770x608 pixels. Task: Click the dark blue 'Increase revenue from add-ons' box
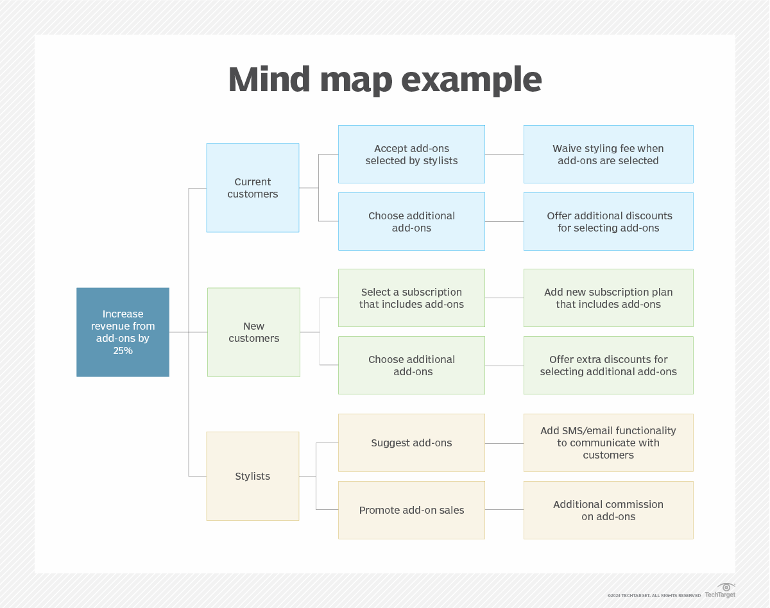(123, 332)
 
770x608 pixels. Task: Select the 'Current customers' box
(252, 187)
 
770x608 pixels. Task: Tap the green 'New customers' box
(253, 332)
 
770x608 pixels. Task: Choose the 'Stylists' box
(252, 476)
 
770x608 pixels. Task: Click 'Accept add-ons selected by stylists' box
(411, 155)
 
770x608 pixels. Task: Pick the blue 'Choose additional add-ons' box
(411, 221)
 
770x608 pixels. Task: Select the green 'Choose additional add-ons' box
(411, 365)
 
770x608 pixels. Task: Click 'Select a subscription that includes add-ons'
(411, 298)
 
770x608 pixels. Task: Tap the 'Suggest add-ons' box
(411, 443)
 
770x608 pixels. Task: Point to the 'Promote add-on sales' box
(411, 510)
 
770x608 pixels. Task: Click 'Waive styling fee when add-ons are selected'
(608, 155)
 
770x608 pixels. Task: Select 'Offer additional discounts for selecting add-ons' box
(608, 221)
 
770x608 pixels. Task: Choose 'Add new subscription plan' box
(608, 298)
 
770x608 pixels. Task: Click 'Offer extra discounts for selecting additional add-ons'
(608, 365)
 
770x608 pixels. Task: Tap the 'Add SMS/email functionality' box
(608, 443)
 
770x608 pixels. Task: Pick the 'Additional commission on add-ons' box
(608, 510)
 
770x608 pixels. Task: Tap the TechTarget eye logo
(726, 587)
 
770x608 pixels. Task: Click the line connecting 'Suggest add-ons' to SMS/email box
(504, 443)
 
